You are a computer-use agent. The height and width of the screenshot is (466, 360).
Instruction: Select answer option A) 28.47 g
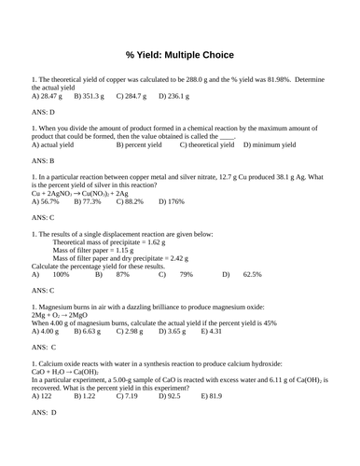pyautogui.click(x=47, y=95)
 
